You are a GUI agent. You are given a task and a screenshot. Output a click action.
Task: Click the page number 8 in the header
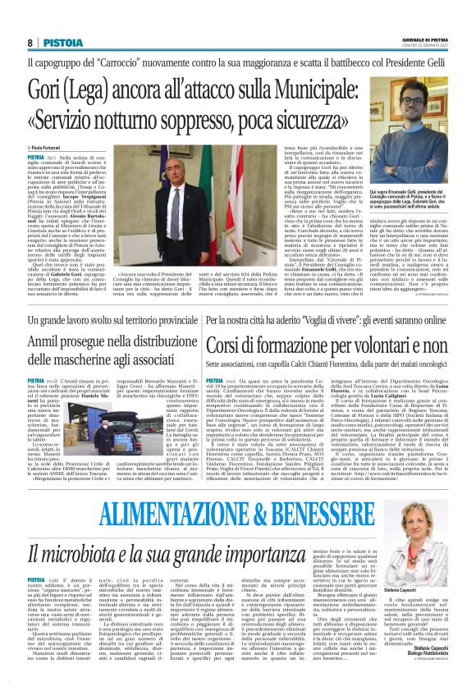(x=30, y=42)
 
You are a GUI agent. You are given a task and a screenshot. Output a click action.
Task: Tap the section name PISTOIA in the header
(x=63, y=42)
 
